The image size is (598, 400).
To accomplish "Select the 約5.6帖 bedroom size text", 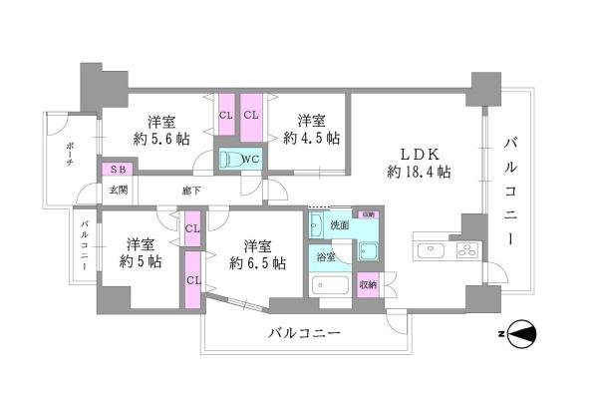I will (155, 139).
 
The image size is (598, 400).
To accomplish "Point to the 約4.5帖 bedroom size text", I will (311, 138).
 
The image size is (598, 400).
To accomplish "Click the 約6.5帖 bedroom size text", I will (257, 263).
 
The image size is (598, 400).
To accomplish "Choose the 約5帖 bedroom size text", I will (141, 263).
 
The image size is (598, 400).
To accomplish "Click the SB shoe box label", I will (118, 170).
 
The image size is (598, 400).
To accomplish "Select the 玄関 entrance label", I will (118, 188).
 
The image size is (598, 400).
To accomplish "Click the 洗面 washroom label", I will (341, 225).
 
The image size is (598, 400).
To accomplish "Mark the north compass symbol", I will (525, 334).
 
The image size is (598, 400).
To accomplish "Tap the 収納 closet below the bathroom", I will (368, 284).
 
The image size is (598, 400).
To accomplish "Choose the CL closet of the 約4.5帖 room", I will (251, 115).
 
